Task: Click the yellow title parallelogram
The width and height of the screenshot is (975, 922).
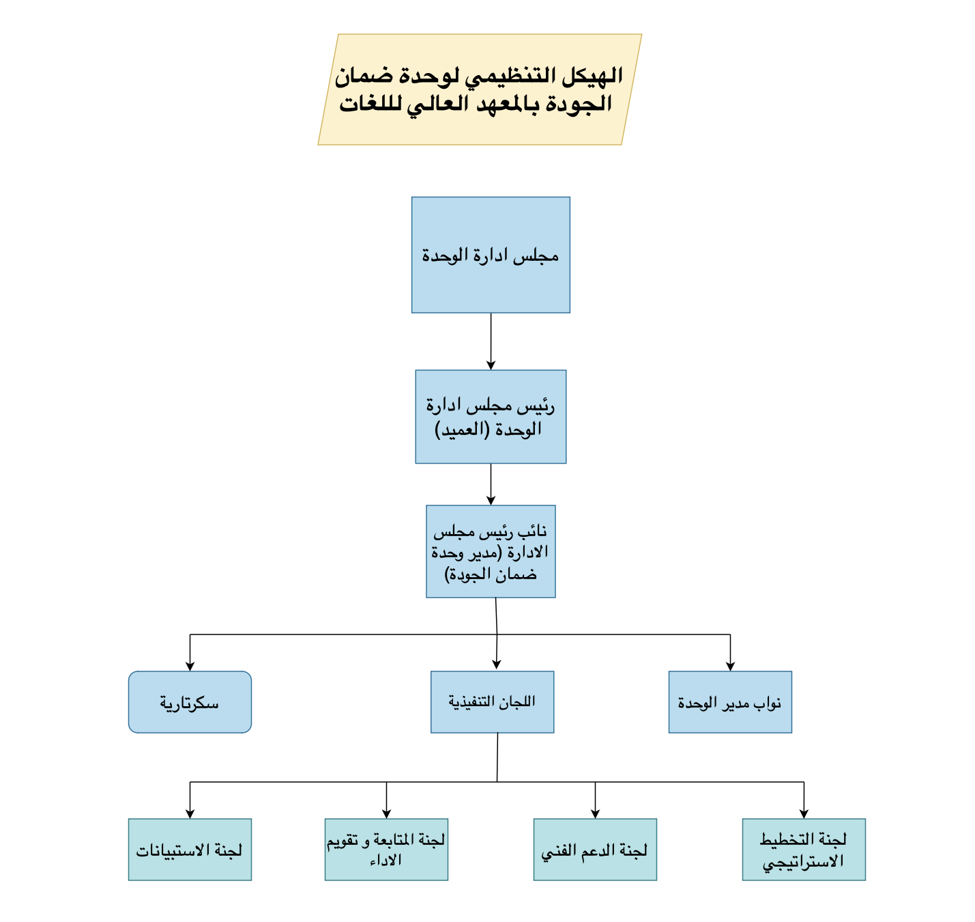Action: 480,89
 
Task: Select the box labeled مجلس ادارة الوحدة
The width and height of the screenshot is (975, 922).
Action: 491,255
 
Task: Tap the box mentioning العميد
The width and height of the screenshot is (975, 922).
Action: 491,417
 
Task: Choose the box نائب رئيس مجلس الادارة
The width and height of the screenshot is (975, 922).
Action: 491,551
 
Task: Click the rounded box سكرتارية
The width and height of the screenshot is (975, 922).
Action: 190,702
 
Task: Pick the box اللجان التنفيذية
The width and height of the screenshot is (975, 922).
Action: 492,702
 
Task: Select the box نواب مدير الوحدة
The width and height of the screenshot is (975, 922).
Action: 730,702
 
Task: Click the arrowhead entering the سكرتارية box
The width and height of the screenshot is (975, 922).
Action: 190,667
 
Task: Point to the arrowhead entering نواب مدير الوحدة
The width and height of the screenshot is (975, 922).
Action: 730,667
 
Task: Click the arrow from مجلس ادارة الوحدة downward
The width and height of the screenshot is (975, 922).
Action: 491,341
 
